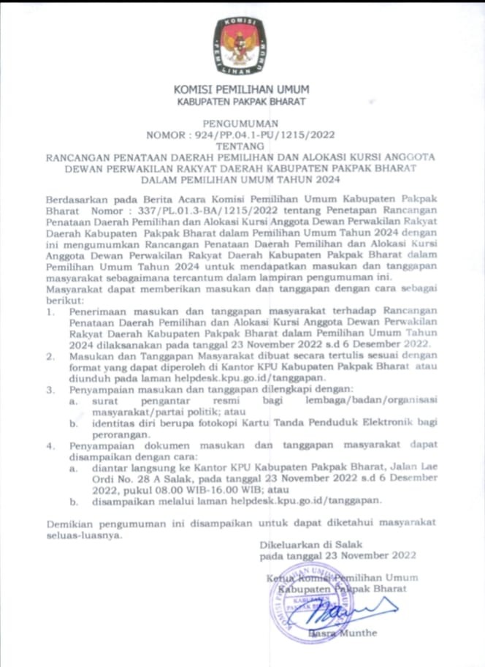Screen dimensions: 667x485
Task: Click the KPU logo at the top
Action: pos(240,46)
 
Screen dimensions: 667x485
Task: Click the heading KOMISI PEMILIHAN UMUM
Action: pos(242,90)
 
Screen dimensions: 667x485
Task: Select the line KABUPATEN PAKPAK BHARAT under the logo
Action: pos(242,102)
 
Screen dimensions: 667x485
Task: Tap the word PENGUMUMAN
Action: pos(240,125)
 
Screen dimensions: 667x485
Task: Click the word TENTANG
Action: pos(241,146)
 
